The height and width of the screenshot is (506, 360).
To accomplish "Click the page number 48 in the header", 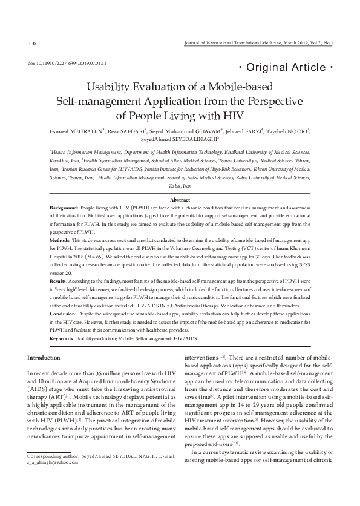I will point(34,44).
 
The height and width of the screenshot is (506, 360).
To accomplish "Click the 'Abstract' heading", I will point(180,200).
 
